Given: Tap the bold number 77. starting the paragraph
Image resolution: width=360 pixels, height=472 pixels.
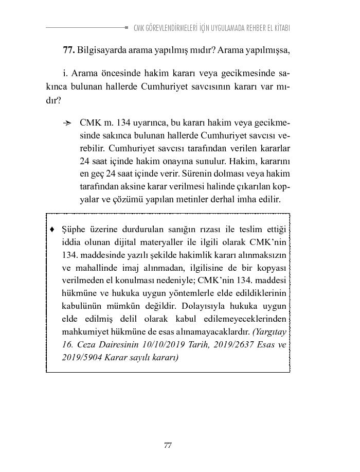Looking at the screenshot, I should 69,50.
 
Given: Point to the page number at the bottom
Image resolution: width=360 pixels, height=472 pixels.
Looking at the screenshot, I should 168,446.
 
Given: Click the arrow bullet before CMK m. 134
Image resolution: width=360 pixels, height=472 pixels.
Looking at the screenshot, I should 67,124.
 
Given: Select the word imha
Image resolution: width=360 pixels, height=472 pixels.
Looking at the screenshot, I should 249,198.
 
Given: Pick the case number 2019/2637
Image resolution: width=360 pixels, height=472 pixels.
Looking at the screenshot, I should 229,344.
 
